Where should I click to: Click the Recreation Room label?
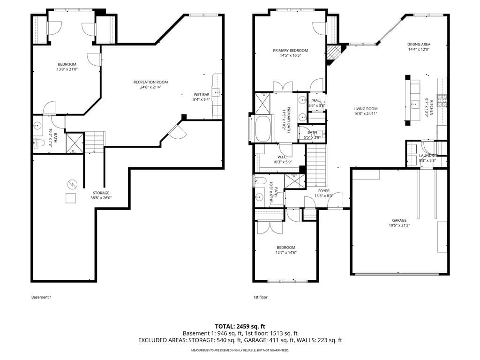coord(150,82)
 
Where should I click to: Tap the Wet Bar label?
coord(202,95)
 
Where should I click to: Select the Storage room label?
coord(101,193)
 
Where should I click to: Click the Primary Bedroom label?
coord(291,51)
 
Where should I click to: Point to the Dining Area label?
coord(419,45)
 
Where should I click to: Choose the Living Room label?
coord(366,109)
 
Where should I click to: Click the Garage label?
coord(399,220)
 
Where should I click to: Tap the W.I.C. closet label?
coord(282,157)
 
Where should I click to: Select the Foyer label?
coord(324,191)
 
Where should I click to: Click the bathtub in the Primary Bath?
coord(262,128)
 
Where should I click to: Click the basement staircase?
coord(95,142)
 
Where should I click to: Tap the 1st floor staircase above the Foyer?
coord(316,165)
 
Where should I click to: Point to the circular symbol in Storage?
coord(72,184)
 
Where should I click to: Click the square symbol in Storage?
coord(71,198)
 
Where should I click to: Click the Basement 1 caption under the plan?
coord(42,297)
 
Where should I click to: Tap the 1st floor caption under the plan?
coord(260,297)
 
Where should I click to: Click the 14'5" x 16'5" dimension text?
coord(291,56)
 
